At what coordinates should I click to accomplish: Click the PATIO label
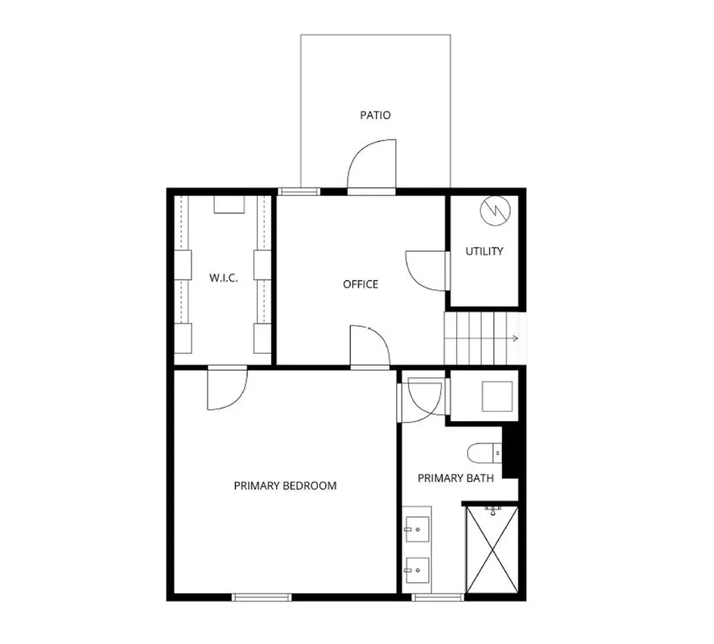click(x=375, y=115)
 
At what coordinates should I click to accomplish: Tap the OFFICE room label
click(x=360, y=284)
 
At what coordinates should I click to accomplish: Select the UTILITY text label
click(x=484, y=251)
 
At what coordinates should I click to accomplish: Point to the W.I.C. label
click(x=224, y=278)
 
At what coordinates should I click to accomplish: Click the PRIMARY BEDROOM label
click(x=285, y=486)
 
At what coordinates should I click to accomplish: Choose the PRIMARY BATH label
click(x=455, y=478)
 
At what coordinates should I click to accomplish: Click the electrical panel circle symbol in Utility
click(x=496, y=210)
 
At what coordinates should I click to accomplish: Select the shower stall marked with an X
click(x=492, y=550)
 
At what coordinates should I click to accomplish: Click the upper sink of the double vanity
click(x=417, y=529)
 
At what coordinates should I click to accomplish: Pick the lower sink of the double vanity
click(x=417, y=570)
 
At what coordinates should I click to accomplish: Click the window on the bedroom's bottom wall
click(x=261, y=597)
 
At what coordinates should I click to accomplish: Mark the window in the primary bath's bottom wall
click(x=438, y=597)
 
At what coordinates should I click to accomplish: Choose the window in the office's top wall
click(x=298, y=192)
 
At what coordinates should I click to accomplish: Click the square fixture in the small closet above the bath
click(x=497, y=396)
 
